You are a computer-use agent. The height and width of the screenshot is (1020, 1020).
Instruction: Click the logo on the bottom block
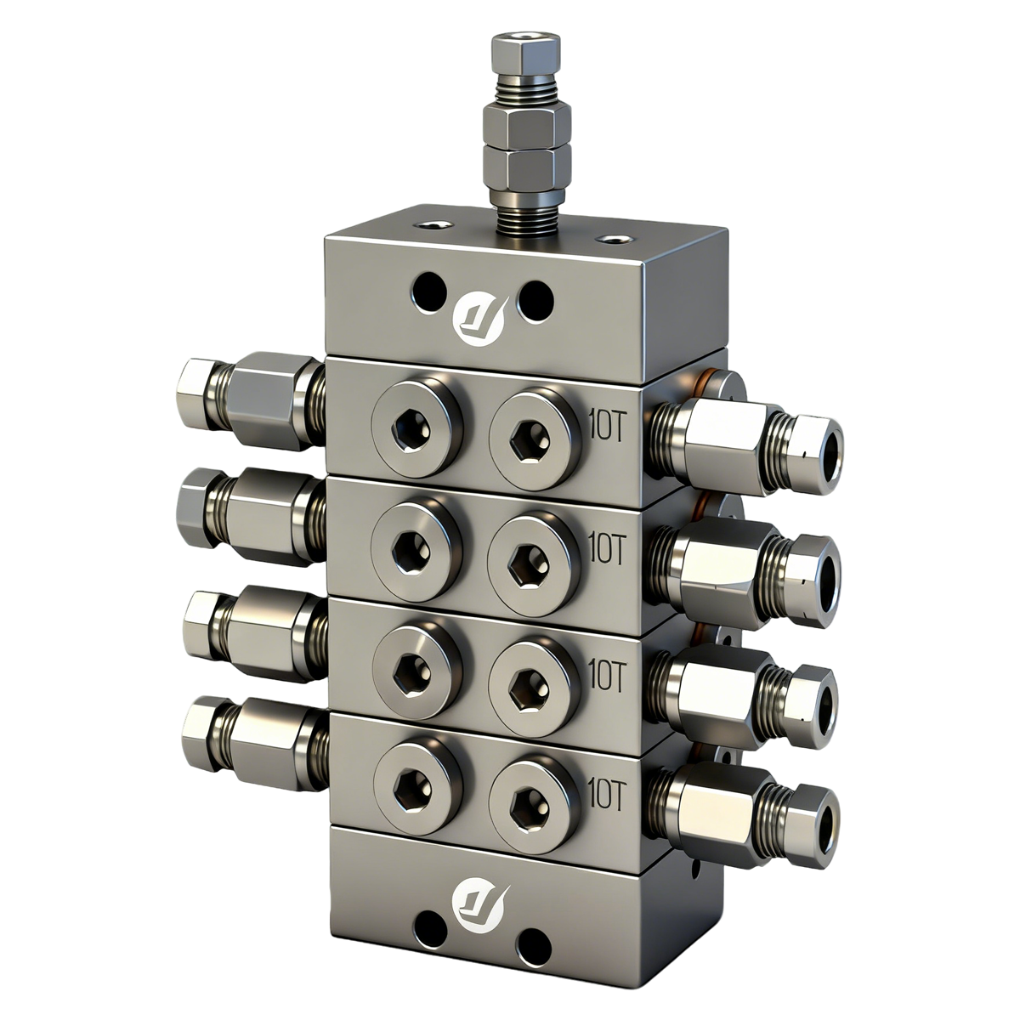(x=479, y=898)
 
